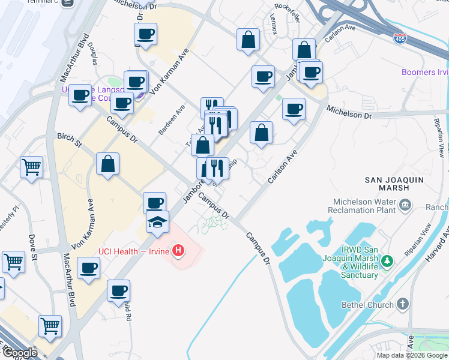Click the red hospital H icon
(178, 250)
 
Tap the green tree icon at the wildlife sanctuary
(388, 260)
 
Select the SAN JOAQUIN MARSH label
(395, 184)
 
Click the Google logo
(20, 352)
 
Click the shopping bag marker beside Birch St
(107, 164)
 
